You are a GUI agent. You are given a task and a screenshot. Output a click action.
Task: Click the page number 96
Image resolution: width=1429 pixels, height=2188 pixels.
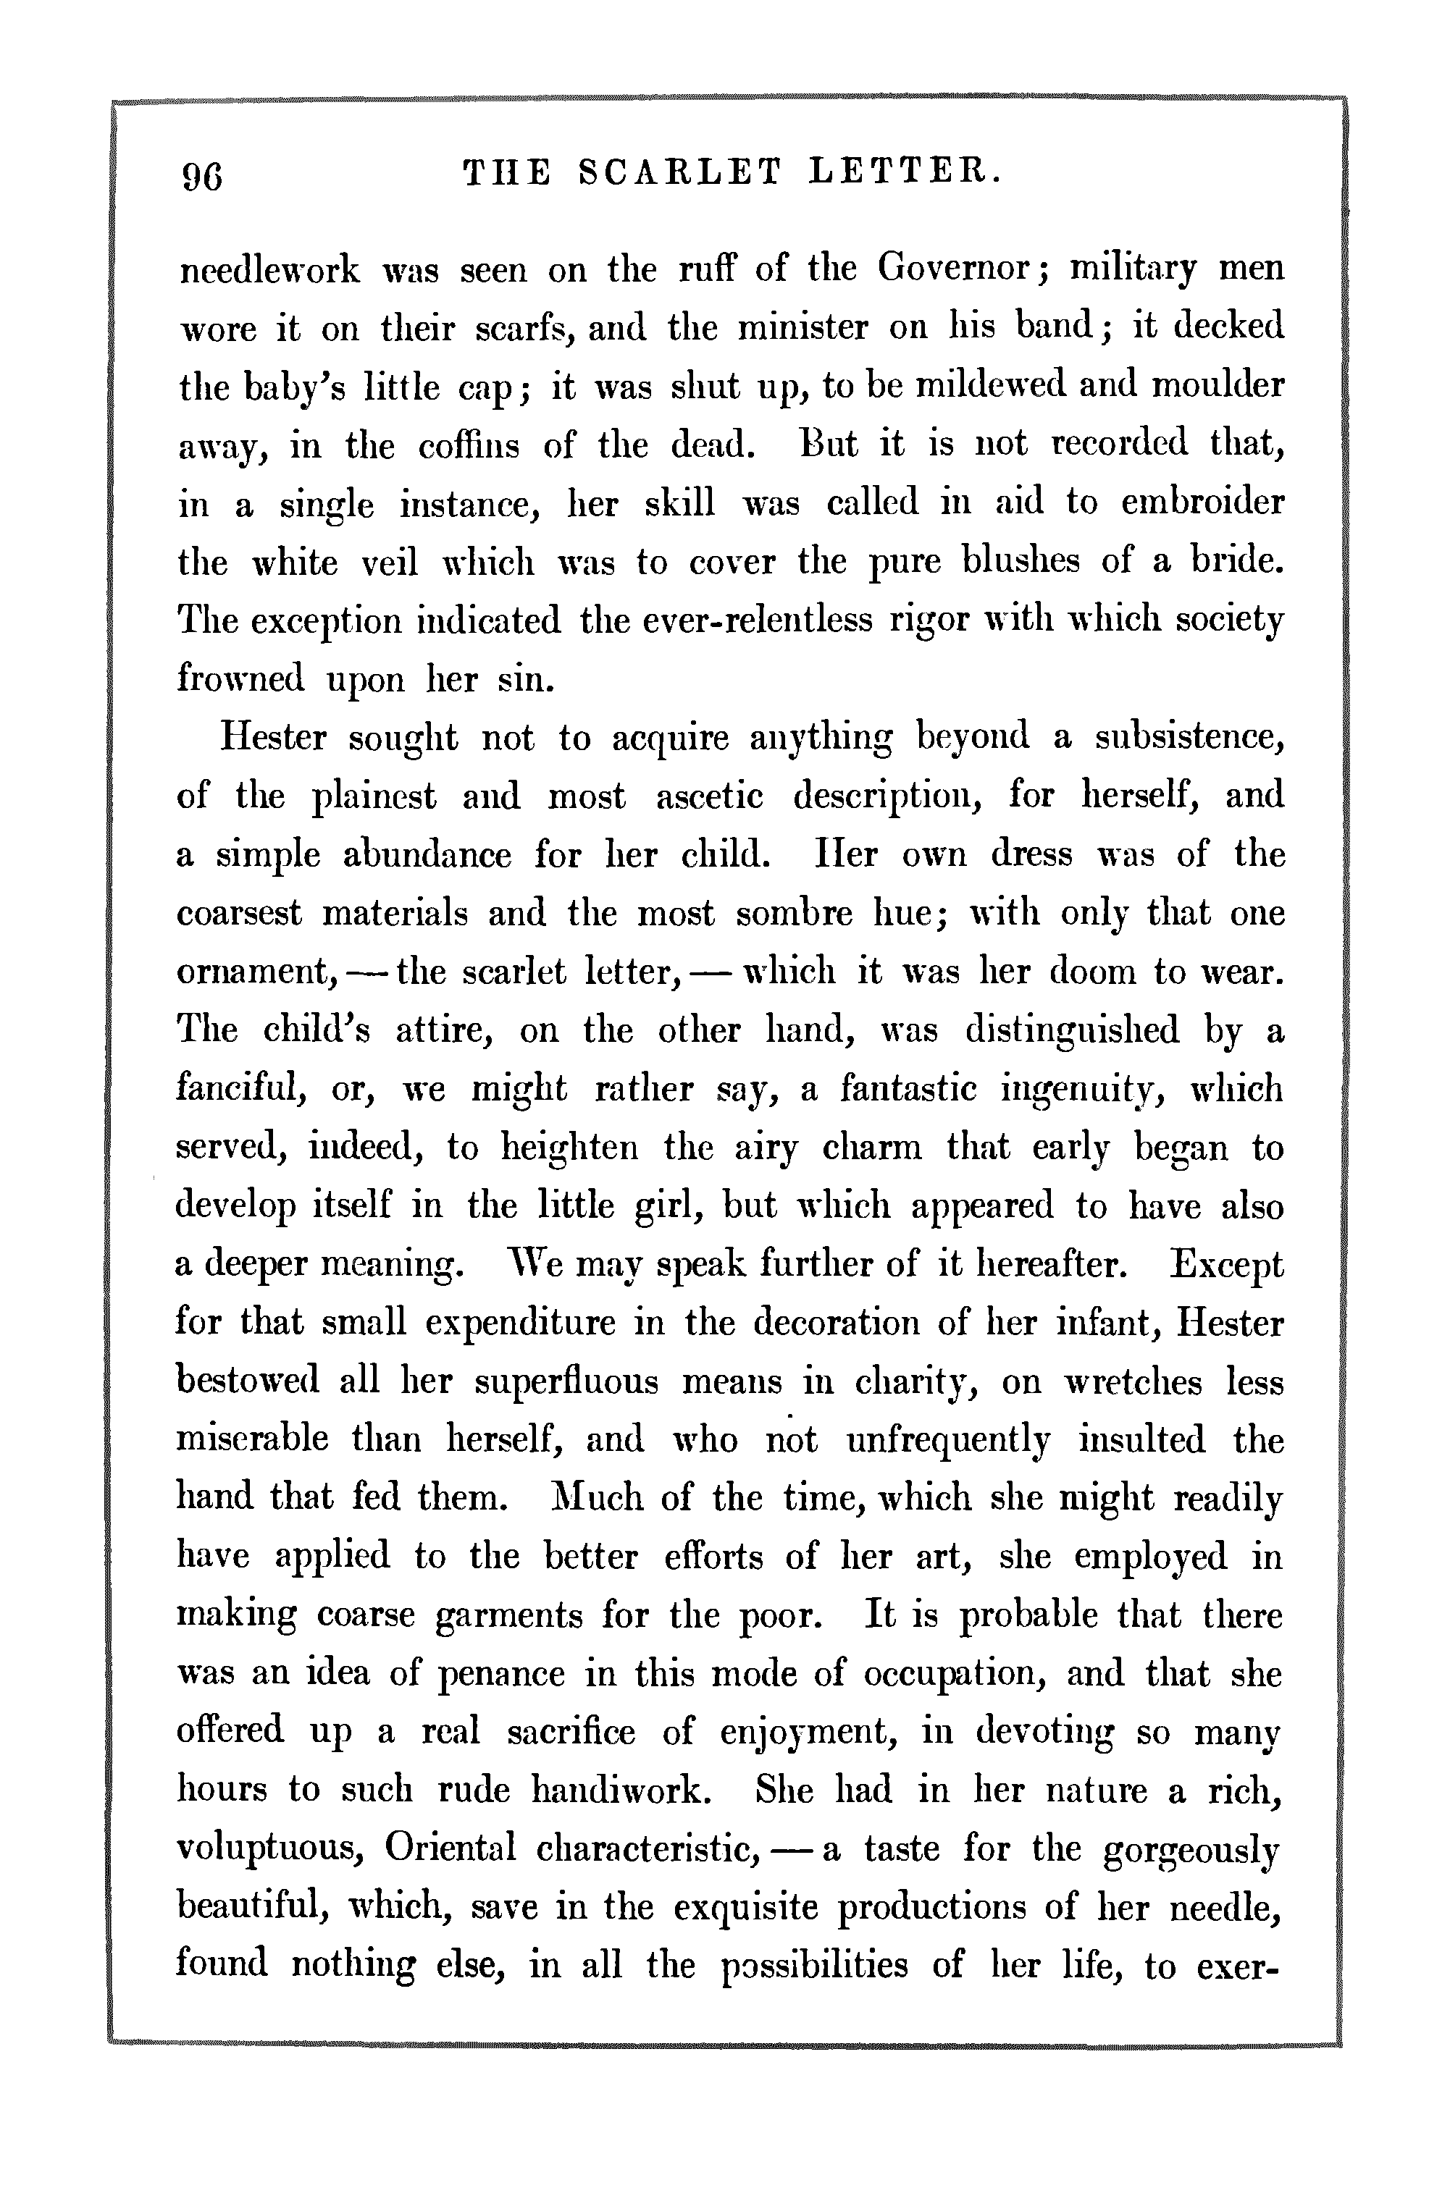[x=202, y=174]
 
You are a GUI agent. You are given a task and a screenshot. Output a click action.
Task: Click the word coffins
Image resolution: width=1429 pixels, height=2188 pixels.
[x=469, y=446]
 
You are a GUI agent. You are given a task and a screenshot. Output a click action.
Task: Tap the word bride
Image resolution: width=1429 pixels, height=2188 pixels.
[x=1237, y=561]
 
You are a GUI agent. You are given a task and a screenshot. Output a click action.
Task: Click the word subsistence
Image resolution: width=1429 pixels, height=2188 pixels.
[x=1190, y=737]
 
